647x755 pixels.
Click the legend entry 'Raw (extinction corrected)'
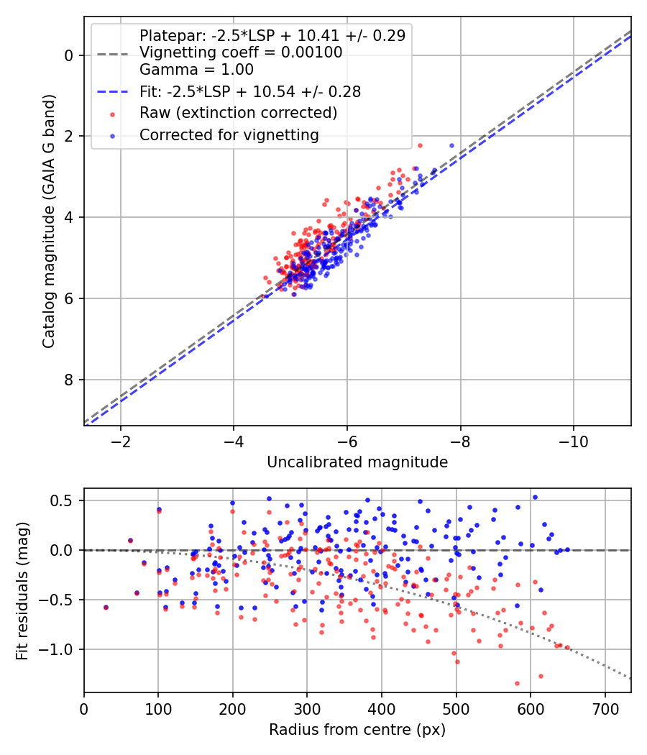pos(238,114)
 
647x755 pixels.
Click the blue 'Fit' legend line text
pos(249,91)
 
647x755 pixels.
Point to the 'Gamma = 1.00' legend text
pos(196,70)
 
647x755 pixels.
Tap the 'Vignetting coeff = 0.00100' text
pos(241,52)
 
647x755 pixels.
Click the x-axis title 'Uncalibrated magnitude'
pos(357,462)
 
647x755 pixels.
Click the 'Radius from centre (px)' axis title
pos(357,730)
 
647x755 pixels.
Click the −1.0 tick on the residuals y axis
pos(63,649)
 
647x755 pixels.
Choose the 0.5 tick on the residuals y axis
pos(67,500)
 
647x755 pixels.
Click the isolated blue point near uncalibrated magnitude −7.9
pos(451,145)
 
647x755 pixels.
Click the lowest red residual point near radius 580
pos(517,683)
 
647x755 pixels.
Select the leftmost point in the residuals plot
pos(106,607)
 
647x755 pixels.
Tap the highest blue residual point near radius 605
pos(535,497)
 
